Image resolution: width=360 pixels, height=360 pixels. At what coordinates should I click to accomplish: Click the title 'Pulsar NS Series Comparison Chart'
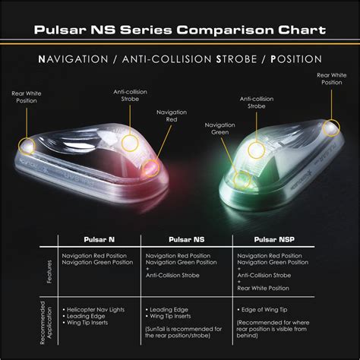coord(180,30)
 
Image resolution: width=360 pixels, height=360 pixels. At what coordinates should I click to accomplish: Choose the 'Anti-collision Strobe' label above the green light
coord(257,102)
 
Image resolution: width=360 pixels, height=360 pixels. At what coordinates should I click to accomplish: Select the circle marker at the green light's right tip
coord(331,127)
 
